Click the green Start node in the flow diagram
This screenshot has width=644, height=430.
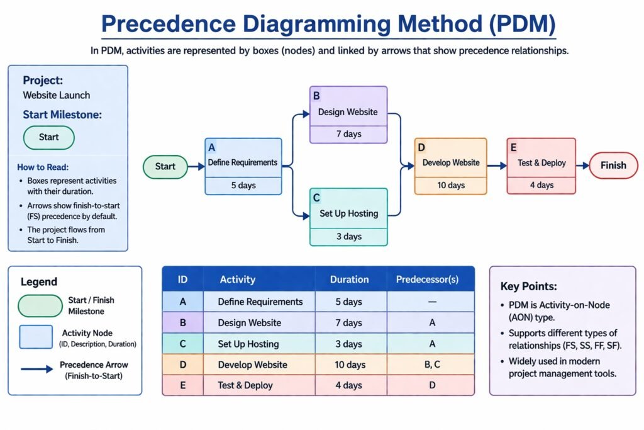[165, 167]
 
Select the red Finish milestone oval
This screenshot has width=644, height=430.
[613, 166]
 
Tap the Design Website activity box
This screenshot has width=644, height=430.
[348, 114]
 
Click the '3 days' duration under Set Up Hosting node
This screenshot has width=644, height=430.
[348, 237]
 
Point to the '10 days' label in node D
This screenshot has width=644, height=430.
[451, 186]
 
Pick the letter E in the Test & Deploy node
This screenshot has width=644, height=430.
[514, 148]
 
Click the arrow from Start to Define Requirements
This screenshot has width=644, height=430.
[196, 167]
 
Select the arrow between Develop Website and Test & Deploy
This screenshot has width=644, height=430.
[497, 166]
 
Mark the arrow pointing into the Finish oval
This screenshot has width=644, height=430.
[583, 166]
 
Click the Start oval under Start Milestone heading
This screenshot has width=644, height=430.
[48, 137]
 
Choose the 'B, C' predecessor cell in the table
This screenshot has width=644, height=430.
[431, 365]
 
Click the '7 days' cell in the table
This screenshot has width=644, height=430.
[348, 323]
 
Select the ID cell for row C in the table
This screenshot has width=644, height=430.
[182, 344]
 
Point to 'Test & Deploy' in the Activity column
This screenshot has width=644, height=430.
[245, 385]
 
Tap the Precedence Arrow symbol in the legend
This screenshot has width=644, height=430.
[37, 370]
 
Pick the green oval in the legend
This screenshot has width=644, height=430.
[40, 305]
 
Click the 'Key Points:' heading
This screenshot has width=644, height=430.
[528, 286]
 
